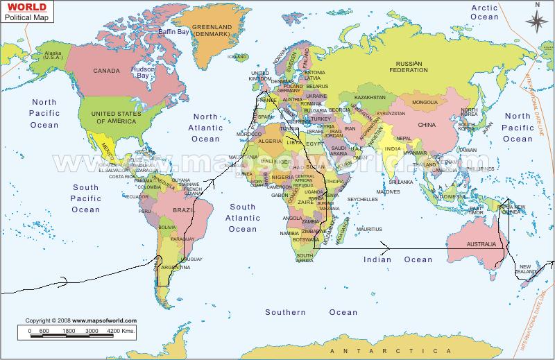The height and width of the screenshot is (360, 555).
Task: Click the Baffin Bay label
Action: [173, 32]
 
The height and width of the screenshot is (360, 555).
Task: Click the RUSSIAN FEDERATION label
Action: [408, 67]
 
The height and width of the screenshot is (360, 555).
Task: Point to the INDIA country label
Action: [392, 148]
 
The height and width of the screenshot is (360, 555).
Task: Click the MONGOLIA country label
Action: [425, 103]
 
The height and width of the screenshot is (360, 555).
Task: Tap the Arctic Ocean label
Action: [485, 12]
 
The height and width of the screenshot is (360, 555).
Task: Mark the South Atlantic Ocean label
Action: [243, 218]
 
